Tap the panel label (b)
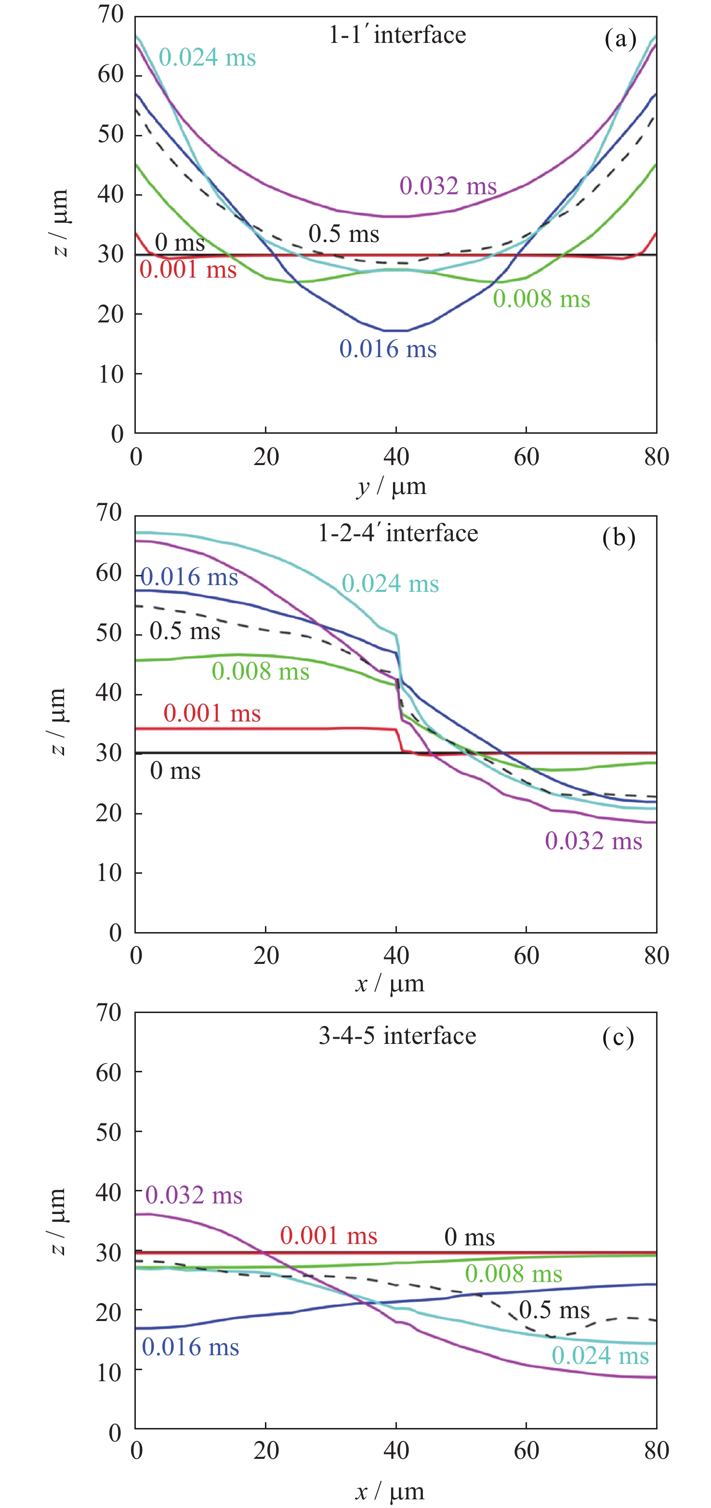[x=619, y=537]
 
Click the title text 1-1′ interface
[x=397, y=35]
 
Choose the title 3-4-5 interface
[x=397, y=1036]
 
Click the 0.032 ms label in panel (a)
[x=448, y=186]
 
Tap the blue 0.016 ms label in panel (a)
[x=388, y=349]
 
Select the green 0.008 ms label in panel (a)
[x=541, y=299]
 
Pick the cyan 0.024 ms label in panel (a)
[x=207, y=58]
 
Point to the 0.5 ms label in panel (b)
[x=185, y=631]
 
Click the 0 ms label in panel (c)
[x=469, y=1238]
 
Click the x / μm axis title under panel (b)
[x=390, y=984]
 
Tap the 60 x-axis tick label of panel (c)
[x=526, y=1451]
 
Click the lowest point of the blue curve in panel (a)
[x=396, y=331]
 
